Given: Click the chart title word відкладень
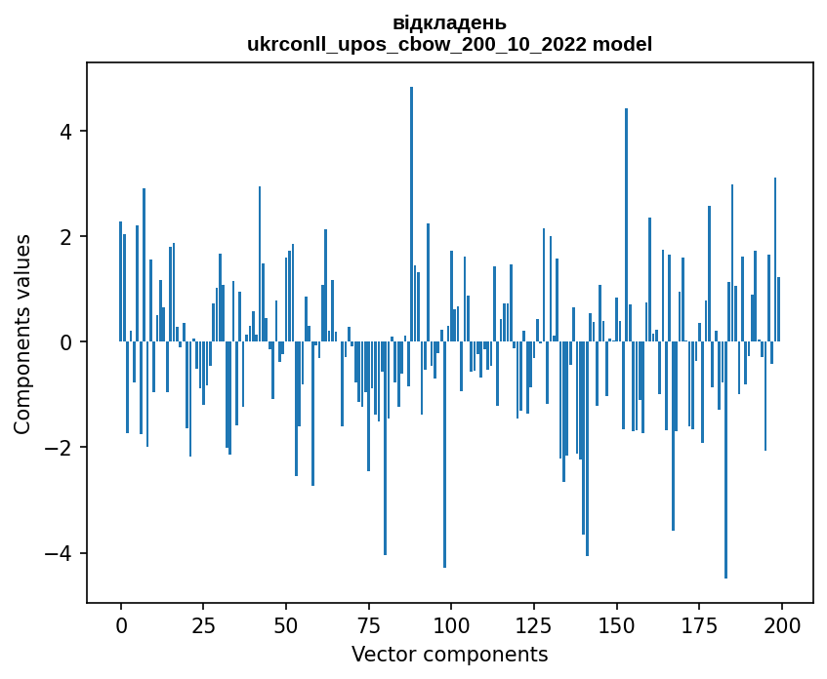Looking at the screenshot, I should coord(449,23).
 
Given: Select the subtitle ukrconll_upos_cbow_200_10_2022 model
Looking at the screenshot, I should coord(449,44).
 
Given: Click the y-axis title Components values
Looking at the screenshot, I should coord(22,334).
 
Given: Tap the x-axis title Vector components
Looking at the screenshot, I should coord(449,654).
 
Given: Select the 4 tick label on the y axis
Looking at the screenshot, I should coord(66,132).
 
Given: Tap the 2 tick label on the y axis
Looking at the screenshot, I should coord(66,237).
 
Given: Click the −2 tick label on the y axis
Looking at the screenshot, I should coord(60,448).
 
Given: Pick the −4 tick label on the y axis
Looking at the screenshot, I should coord(60,553).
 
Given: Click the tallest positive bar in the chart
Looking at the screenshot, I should coord(411,215).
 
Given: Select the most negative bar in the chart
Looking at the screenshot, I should coord(725,459).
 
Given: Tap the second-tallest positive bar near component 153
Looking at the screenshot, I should coord(626,225).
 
